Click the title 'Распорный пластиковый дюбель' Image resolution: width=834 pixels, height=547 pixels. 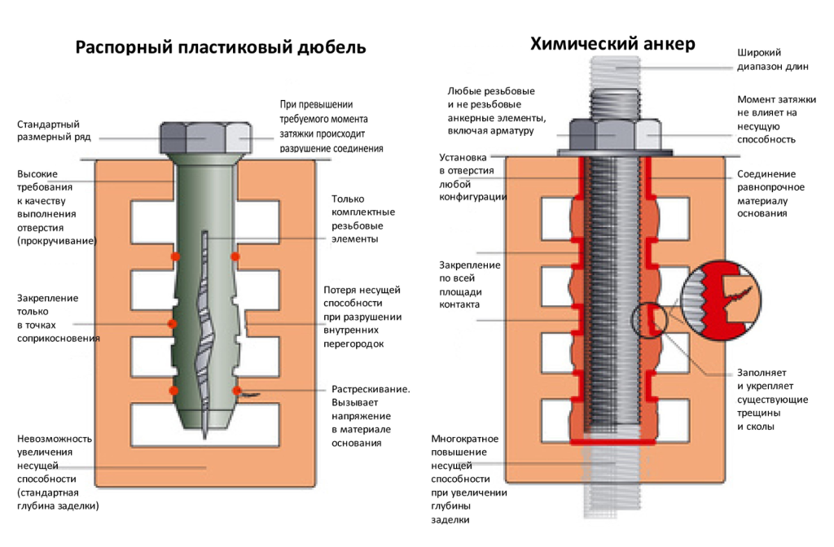point(221,47)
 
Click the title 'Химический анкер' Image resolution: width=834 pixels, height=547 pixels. point(613,44)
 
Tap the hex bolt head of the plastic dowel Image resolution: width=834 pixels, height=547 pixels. point(204,138)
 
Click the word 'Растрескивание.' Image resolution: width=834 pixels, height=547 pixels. point(371,389)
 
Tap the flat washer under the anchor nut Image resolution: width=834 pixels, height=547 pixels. point(616,152)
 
